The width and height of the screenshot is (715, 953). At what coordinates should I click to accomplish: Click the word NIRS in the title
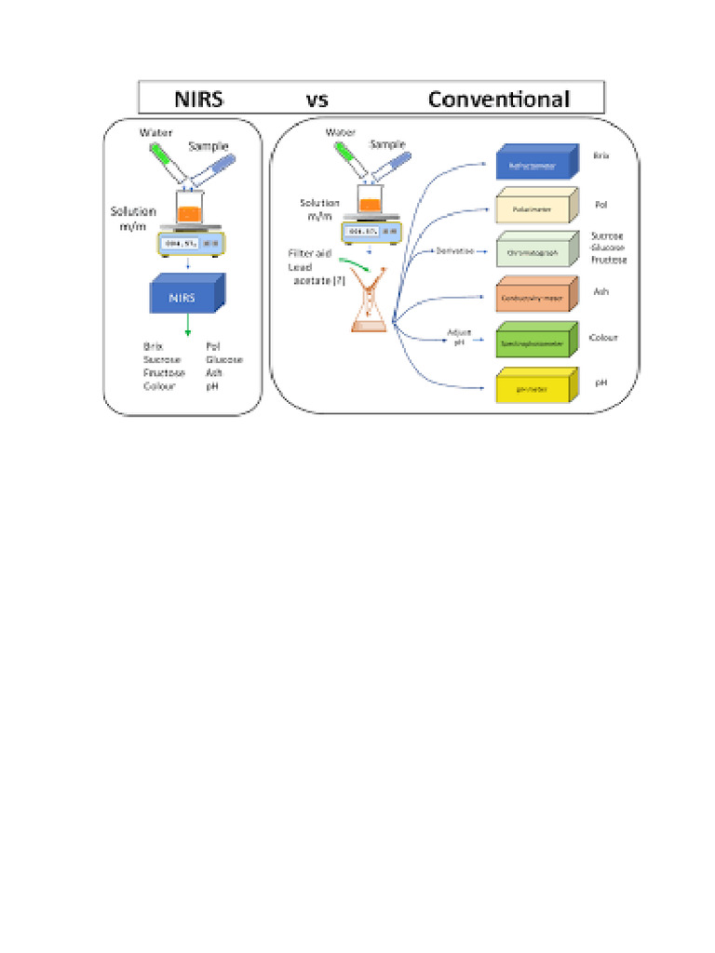pyautogui.click(x=199, y=99)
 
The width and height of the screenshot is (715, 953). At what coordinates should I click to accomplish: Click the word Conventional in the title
pyautogui.click(x=498, y=99)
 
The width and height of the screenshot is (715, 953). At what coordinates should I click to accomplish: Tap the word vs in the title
pyautogui.click(x=317, y=100)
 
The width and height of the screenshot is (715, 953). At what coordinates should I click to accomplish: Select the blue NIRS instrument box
pyautogui.click(x=184, y=297)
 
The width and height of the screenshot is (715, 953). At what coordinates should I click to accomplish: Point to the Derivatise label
pyautogui.click(x=454, y=251)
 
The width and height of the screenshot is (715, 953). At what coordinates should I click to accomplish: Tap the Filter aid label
pyautogui.click(x=309, y=253)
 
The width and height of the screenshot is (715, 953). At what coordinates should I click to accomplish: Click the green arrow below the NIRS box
pyautogui.click(x=189, y=327)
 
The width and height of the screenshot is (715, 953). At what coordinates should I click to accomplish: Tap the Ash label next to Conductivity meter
pyautogui.click(x=600, y=291)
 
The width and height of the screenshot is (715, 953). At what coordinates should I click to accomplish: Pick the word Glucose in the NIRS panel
pyautogui.click(x=224, y=359)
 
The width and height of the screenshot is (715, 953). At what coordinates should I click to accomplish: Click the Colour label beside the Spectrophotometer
pyautogui.click(x=603, y=338)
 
